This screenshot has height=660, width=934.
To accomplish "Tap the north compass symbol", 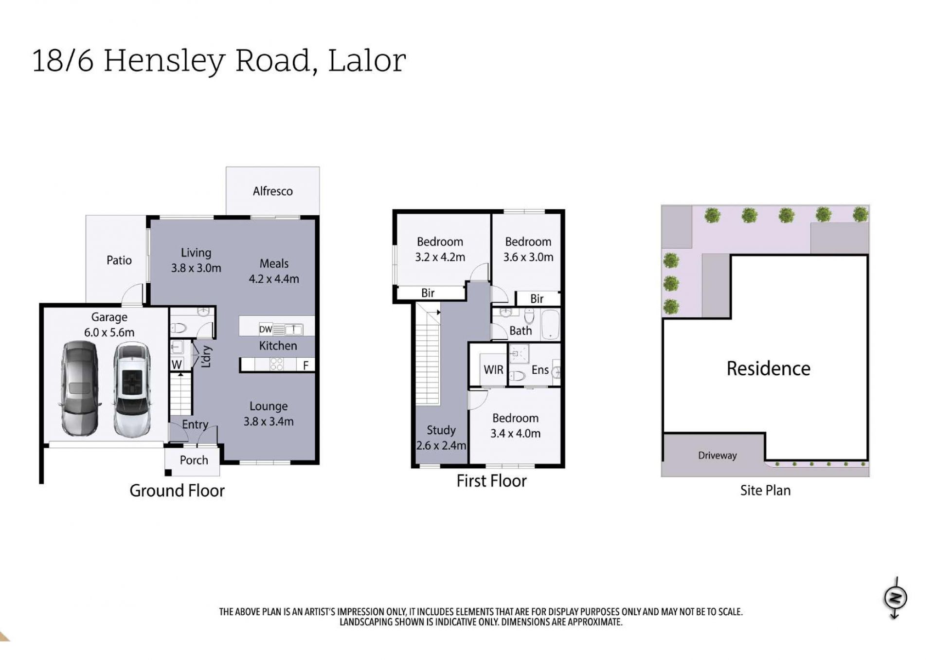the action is click(x=895, y=598).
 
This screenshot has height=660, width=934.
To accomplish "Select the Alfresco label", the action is click(x=272, y=191).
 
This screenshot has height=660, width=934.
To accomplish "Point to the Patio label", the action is click(x=119, y=260).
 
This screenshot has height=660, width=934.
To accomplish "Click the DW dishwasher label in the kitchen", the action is click(x=265, y=330).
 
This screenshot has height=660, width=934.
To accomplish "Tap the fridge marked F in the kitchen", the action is click(x=305, y=365).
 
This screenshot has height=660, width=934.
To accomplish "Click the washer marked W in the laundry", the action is click(x=177, y=364).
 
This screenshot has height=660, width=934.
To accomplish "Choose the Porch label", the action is click(x=194, y=460).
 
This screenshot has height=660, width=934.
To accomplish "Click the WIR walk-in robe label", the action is click(x=493, y=370).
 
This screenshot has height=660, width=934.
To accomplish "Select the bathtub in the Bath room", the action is click(x=551, y=324).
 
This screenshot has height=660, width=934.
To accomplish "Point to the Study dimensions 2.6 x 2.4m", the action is click(x=441, y=445).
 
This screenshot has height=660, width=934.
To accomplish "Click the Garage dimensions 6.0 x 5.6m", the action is click(x=109, y=332).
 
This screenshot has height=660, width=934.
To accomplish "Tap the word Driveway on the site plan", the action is click(x=717, y=456).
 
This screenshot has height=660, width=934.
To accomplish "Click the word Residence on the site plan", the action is click(x=768, y=368).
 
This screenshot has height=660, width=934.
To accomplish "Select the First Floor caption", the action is click(x=491, y=481).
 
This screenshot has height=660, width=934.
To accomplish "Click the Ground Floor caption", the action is click(x=177, y=491).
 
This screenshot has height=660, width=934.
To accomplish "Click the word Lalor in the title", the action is click(x=367, y=61).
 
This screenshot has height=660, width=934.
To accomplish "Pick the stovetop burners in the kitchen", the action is click(x=276, y=364).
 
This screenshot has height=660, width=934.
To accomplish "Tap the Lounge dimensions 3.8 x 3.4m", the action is click(x=269, y=422).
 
